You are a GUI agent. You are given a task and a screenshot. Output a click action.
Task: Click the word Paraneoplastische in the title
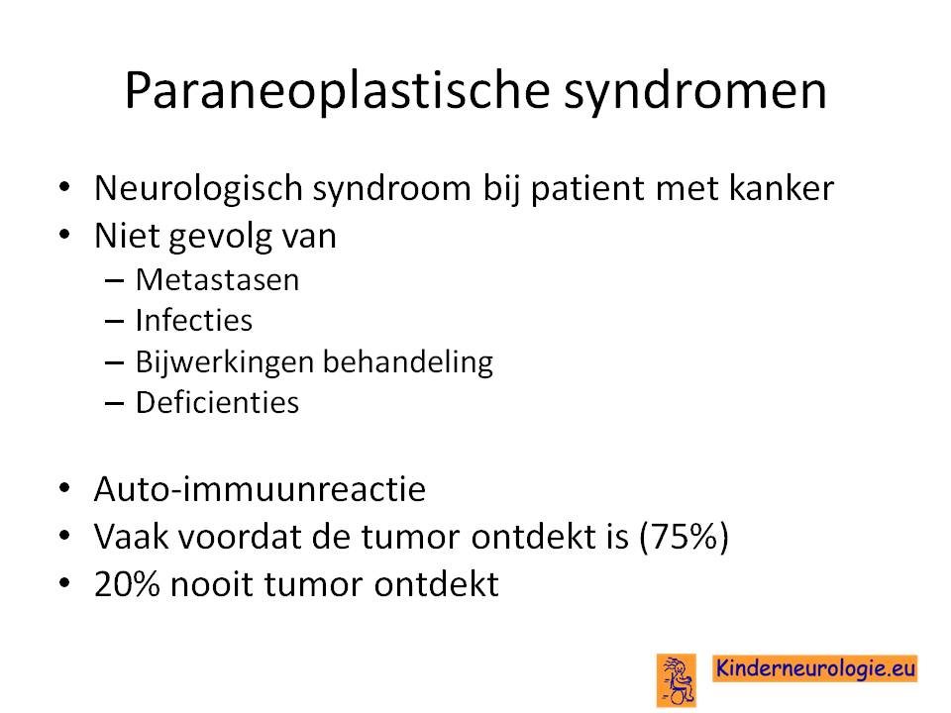[337, 91]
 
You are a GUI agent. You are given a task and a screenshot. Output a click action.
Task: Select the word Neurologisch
[198, 188]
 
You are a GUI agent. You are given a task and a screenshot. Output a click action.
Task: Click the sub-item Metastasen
[217, 280]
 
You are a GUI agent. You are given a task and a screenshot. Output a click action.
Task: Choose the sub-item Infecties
[193, 320]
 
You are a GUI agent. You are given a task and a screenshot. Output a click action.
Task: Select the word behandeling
[407, 362]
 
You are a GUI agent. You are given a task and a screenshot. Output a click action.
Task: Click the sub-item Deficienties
[217, 402]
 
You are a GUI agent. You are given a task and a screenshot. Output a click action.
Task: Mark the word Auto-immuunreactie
[260, 488]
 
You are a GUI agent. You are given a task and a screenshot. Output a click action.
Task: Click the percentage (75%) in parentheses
[684, 537]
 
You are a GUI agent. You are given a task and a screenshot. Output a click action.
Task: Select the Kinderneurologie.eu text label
[814, 668]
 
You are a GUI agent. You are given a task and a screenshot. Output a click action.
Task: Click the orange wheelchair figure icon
[677, 680]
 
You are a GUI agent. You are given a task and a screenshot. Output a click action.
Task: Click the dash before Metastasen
[114, 280]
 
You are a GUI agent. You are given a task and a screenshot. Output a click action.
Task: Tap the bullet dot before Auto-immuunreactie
[65, 488]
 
